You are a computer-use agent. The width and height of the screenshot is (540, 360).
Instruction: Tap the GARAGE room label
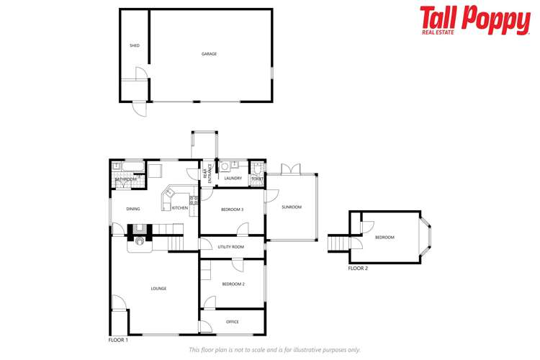[209, 54]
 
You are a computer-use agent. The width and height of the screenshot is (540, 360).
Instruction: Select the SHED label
[134, 45]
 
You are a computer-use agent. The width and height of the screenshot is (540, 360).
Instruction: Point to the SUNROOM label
[292, 207]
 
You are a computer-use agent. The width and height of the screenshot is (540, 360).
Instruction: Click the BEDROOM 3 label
[232, 210]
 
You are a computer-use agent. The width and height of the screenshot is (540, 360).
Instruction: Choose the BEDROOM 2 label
[233, 284]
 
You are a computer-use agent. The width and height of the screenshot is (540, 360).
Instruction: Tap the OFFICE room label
[232, 322]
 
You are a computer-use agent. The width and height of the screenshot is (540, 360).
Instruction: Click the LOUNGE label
[158, 289]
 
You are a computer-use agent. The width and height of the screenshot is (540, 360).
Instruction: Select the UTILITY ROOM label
[231, 247]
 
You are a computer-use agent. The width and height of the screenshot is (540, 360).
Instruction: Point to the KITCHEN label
[180, 208]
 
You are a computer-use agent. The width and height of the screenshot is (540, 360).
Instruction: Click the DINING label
[133, 210]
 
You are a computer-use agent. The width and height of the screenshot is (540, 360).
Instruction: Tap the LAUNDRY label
[233, 179]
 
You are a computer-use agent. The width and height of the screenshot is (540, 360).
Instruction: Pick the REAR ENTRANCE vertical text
[207, 175]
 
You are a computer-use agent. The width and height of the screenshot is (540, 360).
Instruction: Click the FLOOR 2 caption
[358, 268]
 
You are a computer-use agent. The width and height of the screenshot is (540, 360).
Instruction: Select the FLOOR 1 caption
[118, 339]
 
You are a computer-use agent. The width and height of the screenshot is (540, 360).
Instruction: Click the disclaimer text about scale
[274, 350]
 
